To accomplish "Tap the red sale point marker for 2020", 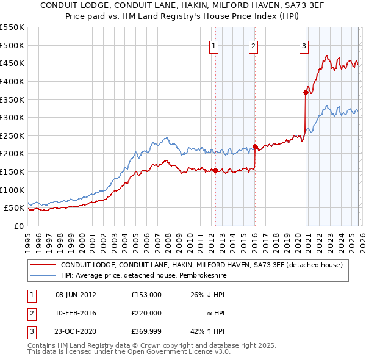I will [306, 92].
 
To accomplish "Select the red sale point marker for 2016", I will [255, 146].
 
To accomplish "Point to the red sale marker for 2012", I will [215, 170].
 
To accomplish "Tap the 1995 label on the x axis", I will [28, 239].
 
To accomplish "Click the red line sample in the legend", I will [42, 265].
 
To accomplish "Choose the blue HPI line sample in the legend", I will [42, 276].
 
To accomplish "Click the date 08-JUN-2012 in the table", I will [76, 295].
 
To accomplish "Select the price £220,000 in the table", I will [146, 313].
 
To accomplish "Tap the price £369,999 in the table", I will [146, 331].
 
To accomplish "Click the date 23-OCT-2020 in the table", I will [76, 331].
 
